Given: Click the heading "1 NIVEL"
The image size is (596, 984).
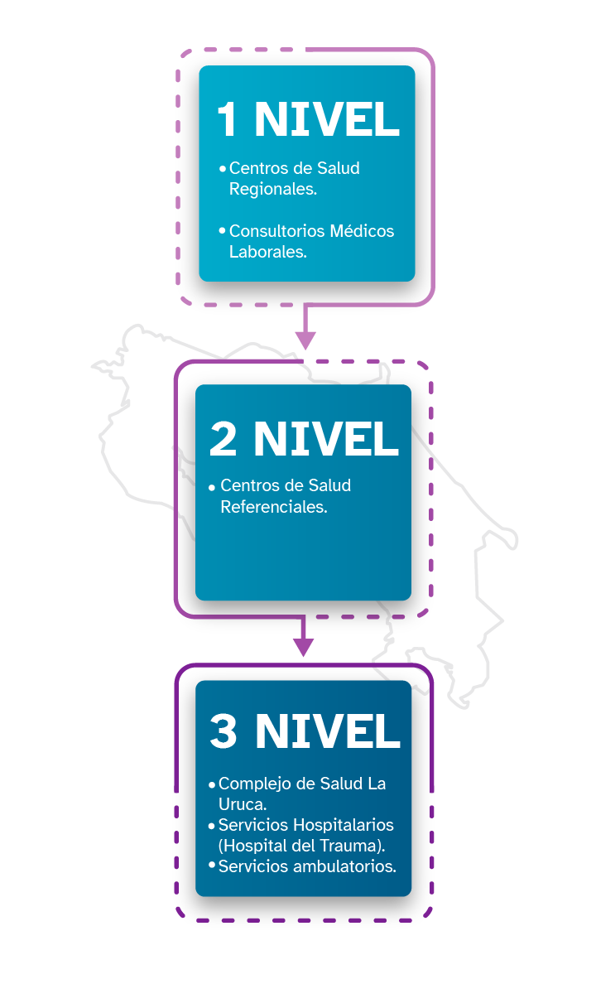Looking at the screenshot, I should pyautogui.click(x=307, y=120).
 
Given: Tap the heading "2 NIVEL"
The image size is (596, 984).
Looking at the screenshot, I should pyautogui.click(x=304, y=439).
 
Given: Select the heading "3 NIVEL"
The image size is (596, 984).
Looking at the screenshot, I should pyautogui.click(x=305, y=731).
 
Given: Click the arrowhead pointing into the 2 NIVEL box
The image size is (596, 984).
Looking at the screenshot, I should pyautogui.click(x=305, y=339).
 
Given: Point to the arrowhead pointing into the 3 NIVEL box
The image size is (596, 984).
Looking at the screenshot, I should pyautogui.click(x=304, y=645).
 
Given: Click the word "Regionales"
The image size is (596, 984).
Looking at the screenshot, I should pyautogui.click(x=272, y=189).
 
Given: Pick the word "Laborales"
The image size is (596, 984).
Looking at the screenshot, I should pyautogui.click(x=267, y=252).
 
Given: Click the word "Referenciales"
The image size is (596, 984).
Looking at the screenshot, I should pyautogui.click(x=272, y=506).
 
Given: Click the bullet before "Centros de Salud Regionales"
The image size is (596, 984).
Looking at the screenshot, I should pyautogui.click(x=222, y=168).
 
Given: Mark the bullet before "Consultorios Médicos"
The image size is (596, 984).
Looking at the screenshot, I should pyautogui.click(x=222, y=229).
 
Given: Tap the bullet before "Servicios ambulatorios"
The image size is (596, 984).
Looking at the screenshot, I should pyautogui.click(x=212, y=866).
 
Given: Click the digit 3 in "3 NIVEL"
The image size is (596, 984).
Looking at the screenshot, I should pyautogui.click(x=223, y=731).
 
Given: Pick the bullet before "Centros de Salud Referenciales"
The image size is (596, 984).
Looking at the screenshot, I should pyautogui.click(x=213, y=486).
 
